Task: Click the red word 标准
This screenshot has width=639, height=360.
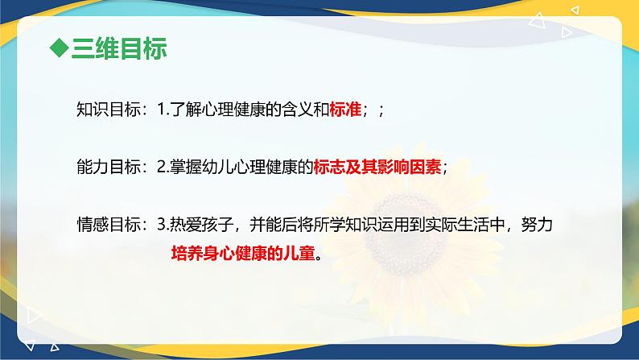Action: [x=344, y=111]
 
